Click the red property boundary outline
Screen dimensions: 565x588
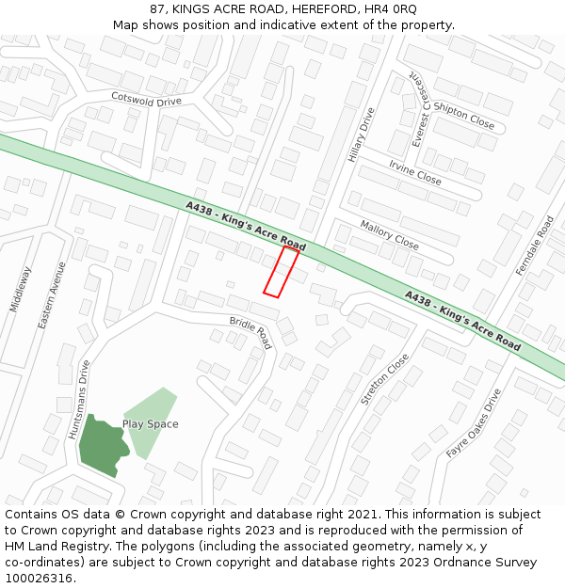[x=281, y=272]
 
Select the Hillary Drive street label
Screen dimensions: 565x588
[x=362, y=135]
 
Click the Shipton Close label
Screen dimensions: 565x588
[x=463, y=117]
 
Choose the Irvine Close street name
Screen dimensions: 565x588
[x=414, y=172]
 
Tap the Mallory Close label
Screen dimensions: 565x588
[x=389, y=235]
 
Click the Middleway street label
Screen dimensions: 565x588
[x=20, y=289]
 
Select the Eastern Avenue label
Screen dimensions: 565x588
[x=52, y=294]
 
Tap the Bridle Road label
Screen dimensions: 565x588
[x=250, y=333]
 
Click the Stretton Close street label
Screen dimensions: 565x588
[x=385, y=379]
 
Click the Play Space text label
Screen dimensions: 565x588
[x=150, y=424]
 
